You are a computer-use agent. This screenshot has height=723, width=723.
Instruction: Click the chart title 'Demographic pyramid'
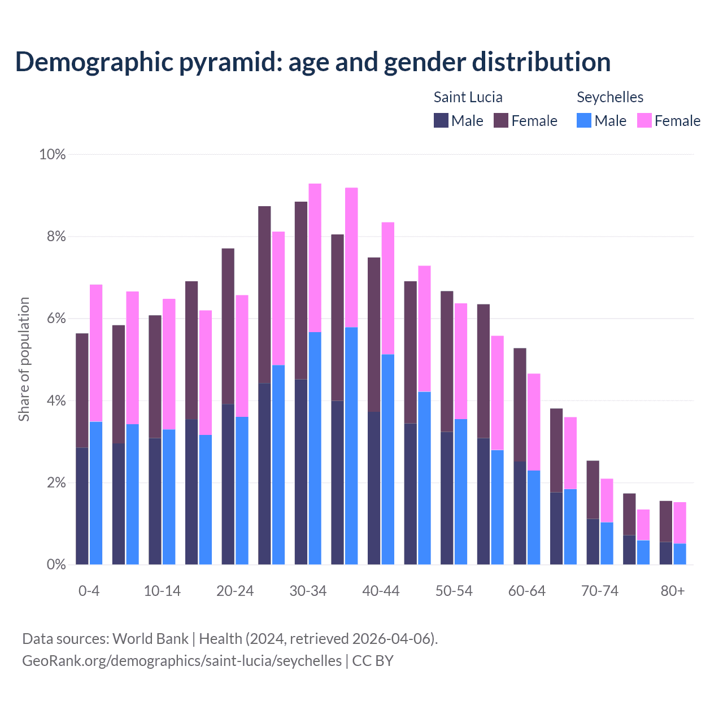(312, 62)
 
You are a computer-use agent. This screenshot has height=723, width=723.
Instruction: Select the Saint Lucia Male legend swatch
(441, 120)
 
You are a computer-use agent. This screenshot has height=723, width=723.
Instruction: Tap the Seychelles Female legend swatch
(644, 120)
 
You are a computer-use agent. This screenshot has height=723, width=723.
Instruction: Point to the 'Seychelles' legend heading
(609, 97)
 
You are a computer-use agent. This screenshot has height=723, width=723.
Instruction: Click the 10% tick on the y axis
(52, 154)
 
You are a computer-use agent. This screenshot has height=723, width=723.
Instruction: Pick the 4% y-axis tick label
(55, 401)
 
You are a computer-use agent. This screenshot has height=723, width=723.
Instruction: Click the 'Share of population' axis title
(24, 359)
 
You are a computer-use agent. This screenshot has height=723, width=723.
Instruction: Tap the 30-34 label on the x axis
(308, 591)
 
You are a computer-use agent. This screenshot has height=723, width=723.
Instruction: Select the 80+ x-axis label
(672, 591)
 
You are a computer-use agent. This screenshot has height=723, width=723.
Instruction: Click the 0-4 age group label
(89, 591)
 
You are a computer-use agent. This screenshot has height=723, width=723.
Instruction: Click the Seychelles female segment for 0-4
(96, 353)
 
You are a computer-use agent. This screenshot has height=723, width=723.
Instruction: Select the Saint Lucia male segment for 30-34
(301, 472)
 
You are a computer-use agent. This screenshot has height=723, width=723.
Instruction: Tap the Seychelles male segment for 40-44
(388, 459)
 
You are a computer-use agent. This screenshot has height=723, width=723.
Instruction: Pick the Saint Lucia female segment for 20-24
(228, 326)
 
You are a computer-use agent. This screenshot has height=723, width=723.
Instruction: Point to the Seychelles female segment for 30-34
(315, 258)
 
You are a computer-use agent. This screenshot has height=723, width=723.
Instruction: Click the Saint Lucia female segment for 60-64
(520, 404)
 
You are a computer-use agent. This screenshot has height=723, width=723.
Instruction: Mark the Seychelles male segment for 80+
(680, 554)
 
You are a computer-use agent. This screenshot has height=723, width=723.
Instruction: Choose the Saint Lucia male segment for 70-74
(593, 541)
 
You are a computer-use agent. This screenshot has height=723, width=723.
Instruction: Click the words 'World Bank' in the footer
(150, 639)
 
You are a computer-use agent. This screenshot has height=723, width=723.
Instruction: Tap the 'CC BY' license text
(373, 661)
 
